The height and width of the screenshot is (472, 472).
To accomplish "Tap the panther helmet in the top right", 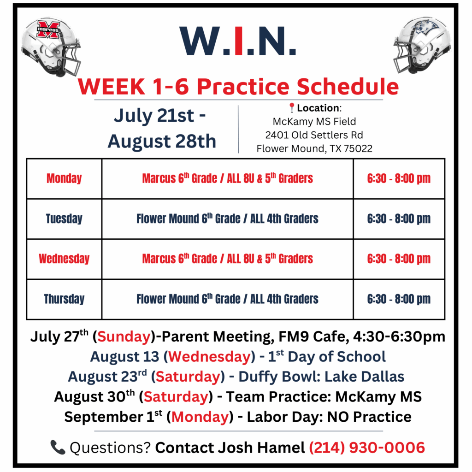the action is point(422,45).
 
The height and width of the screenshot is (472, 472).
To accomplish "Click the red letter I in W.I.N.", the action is point(238,41).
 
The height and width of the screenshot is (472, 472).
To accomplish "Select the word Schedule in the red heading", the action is point(348,86).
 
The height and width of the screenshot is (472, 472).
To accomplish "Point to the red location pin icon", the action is point(291,107).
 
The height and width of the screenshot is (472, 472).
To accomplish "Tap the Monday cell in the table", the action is point(64,178).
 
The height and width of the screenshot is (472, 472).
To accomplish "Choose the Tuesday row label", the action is point(64,218).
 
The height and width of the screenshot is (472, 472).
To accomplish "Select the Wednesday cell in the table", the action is point(64,259).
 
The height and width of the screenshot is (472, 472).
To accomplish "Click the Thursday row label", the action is point(64,299).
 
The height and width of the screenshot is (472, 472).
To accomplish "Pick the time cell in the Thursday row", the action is point(399,299).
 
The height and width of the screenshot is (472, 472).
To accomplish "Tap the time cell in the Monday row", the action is point(399,178).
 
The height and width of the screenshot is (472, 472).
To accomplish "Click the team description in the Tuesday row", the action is point(227,218).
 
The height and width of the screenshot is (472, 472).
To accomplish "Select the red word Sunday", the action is point(124,336).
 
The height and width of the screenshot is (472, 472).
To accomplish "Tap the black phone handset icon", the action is point(58,447).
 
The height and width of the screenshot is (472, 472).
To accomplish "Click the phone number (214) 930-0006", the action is point(367,448).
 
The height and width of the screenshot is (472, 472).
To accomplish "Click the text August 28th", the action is point(162,141).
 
